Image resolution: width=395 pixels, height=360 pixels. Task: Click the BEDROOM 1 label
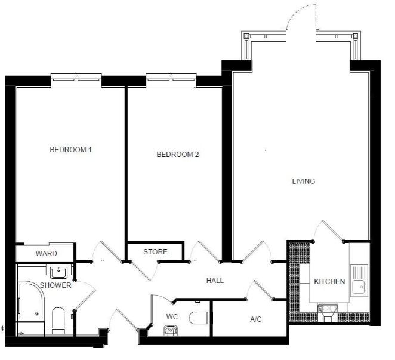[70, 150]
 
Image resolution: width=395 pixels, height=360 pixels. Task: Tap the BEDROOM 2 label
[178, 154]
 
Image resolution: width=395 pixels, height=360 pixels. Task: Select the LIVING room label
[304, 181]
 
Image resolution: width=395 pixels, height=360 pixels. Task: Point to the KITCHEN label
[329, 281]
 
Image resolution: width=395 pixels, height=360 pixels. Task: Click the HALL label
[215, 281]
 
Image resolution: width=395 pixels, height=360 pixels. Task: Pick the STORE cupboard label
[155, 251]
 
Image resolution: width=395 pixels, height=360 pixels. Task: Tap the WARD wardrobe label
[47, 253]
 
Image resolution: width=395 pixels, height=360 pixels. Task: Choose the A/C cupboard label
[256, 319]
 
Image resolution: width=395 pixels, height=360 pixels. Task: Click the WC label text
[172, 316]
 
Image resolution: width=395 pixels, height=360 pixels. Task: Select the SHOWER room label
[55, 285]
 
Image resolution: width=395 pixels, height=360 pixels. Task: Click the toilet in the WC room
[199, 318]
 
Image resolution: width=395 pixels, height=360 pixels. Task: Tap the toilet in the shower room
[58, 319]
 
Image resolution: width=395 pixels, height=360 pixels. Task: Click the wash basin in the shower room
[58, 272]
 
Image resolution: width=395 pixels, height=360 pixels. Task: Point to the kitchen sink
[359, 281]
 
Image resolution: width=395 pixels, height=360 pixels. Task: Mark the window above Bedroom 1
[76, 81]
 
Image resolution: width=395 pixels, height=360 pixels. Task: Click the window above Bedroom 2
[171, 81]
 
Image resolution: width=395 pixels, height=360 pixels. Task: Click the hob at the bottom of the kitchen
[328, 313]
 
